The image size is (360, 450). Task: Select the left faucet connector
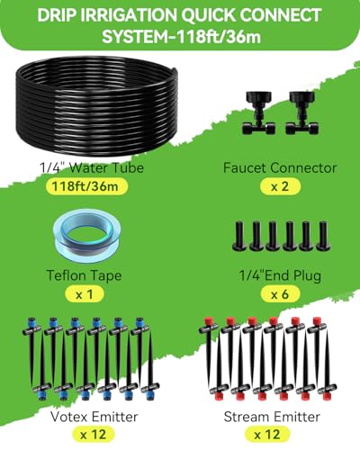point(258,112)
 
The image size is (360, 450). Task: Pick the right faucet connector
point(301,112)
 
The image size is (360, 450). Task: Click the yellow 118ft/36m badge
point(86,186)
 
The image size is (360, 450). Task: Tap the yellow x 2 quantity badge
point(280,186)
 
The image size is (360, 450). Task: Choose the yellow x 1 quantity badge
point(85,294)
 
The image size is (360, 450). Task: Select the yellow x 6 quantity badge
point(280,294)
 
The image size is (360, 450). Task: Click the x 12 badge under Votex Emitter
point(94,434)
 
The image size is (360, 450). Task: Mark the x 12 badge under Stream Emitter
point(267,434)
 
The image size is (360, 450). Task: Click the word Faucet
point(245,167)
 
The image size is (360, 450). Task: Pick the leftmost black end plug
point(239,236)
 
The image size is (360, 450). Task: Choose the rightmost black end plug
point(323,236)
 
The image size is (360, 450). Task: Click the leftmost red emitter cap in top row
point(208,320)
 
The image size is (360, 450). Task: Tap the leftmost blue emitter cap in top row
point(32,320)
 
